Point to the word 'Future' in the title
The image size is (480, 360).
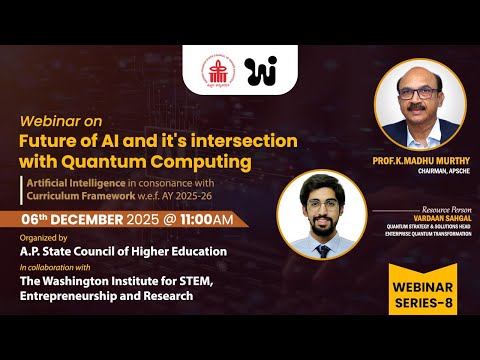(x=52, y=139)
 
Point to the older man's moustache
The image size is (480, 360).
(x=421, y=108)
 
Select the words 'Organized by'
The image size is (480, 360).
(x=42, y=240)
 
